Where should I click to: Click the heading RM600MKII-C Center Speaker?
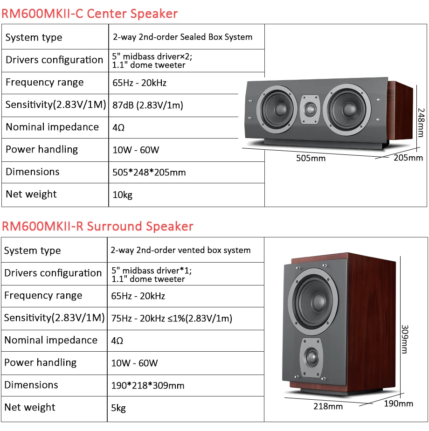pyautogui.click(x=90, y=13)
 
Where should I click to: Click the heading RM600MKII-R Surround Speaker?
pyautogui.click(x=97, y=226)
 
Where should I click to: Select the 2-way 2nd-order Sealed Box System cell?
pyautogui.click(x=182, y=37)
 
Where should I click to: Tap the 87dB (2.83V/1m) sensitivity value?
pyautogui.click(x=147, y=105)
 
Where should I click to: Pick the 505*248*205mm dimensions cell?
pyautogui.click(x=149, y=172)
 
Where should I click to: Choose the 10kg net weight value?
pyautogui.click(x=122, y=195)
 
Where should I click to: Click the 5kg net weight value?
pyautogui.click(x=118, y=408)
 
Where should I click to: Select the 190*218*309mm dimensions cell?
pyautogui.click(x=148, y=385)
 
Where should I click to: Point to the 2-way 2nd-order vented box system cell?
pyautogui.click(x=180, y=250)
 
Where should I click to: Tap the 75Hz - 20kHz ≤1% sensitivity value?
pyautogui.click(x=172, y=318)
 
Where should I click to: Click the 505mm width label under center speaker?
pyautogui.click(x=311, y=158)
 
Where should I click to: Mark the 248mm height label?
pyautogui.click(x=421, y=122)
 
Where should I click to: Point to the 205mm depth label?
pyautogui.click(x=408, y=158)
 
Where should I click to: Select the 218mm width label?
pyautogui.click(x=328, y=406)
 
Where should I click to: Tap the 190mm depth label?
pyautogui.click(x=399, y=403)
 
